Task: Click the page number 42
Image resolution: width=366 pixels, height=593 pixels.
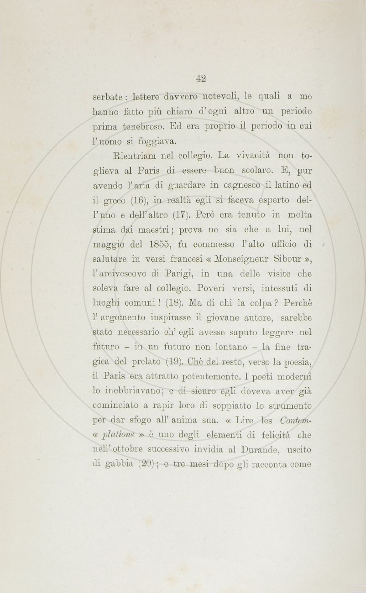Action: [201, 78]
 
